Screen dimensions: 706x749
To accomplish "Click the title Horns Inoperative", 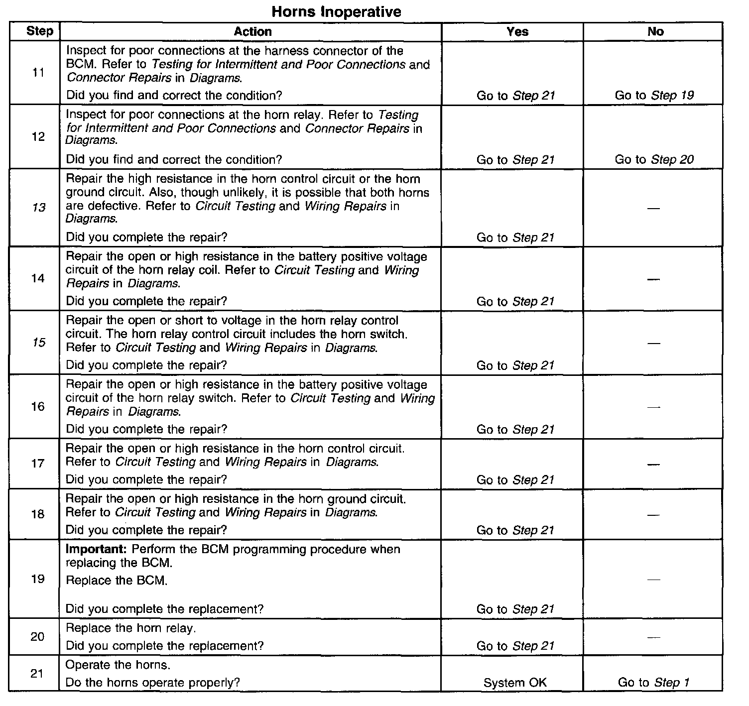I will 337,11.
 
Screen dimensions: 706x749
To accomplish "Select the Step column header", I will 39,31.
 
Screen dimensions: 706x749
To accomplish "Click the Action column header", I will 252,31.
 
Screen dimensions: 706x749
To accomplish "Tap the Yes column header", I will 517,31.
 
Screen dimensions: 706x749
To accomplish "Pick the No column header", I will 655,31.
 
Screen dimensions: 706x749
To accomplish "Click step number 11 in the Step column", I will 38,73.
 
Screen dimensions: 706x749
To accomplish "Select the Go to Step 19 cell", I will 654,95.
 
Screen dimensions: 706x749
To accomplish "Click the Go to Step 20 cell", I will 654,159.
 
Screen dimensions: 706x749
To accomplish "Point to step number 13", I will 38,208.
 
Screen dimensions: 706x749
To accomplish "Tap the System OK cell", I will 515,683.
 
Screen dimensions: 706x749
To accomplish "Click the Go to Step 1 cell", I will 653,682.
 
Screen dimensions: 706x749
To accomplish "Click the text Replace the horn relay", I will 131,628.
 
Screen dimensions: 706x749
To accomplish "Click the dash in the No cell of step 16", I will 653,407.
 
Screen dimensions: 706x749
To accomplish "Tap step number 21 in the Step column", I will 37,674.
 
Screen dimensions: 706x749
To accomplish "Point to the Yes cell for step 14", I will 515,301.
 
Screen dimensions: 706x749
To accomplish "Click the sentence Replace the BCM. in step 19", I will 117,580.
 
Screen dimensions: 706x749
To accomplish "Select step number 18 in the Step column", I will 38,514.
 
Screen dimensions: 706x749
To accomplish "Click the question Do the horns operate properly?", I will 152,682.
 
